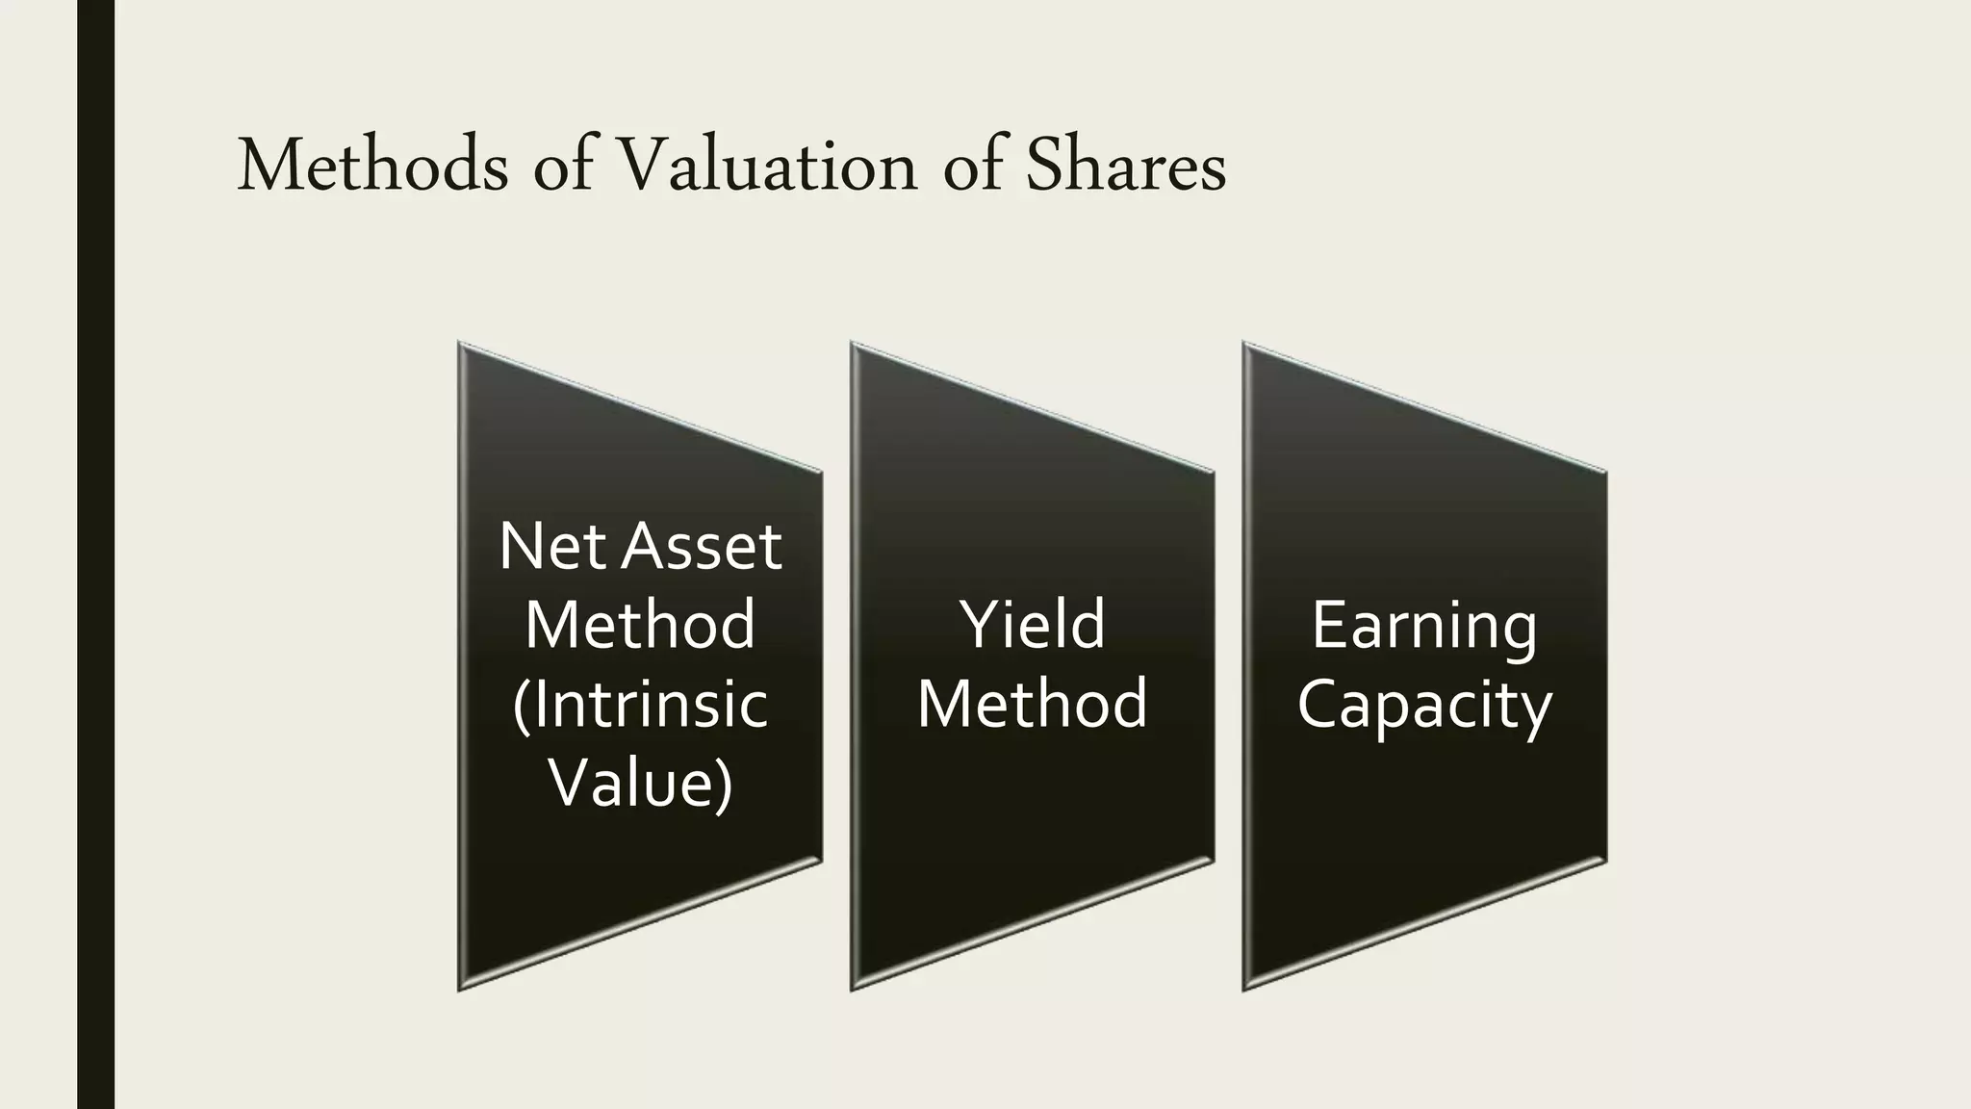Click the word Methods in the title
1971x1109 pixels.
point(371,166)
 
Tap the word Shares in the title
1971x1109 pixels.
point(1125,166)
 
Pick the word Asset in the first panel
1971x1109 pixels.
point(702,547)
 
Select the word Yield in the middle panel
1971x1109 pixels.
point(1032,625)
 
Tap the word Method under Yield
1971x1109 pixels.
point(1032,704)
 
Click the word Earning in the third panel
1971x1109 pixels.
point(1424,625)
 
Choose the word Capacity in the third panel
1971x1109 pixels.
point(1424,704)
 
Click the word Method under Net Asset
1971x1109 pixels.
point(640,625)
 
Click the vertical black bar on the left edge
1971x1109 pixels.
point(95,554)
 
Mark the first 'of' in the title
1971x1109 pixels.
point(563,166)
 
